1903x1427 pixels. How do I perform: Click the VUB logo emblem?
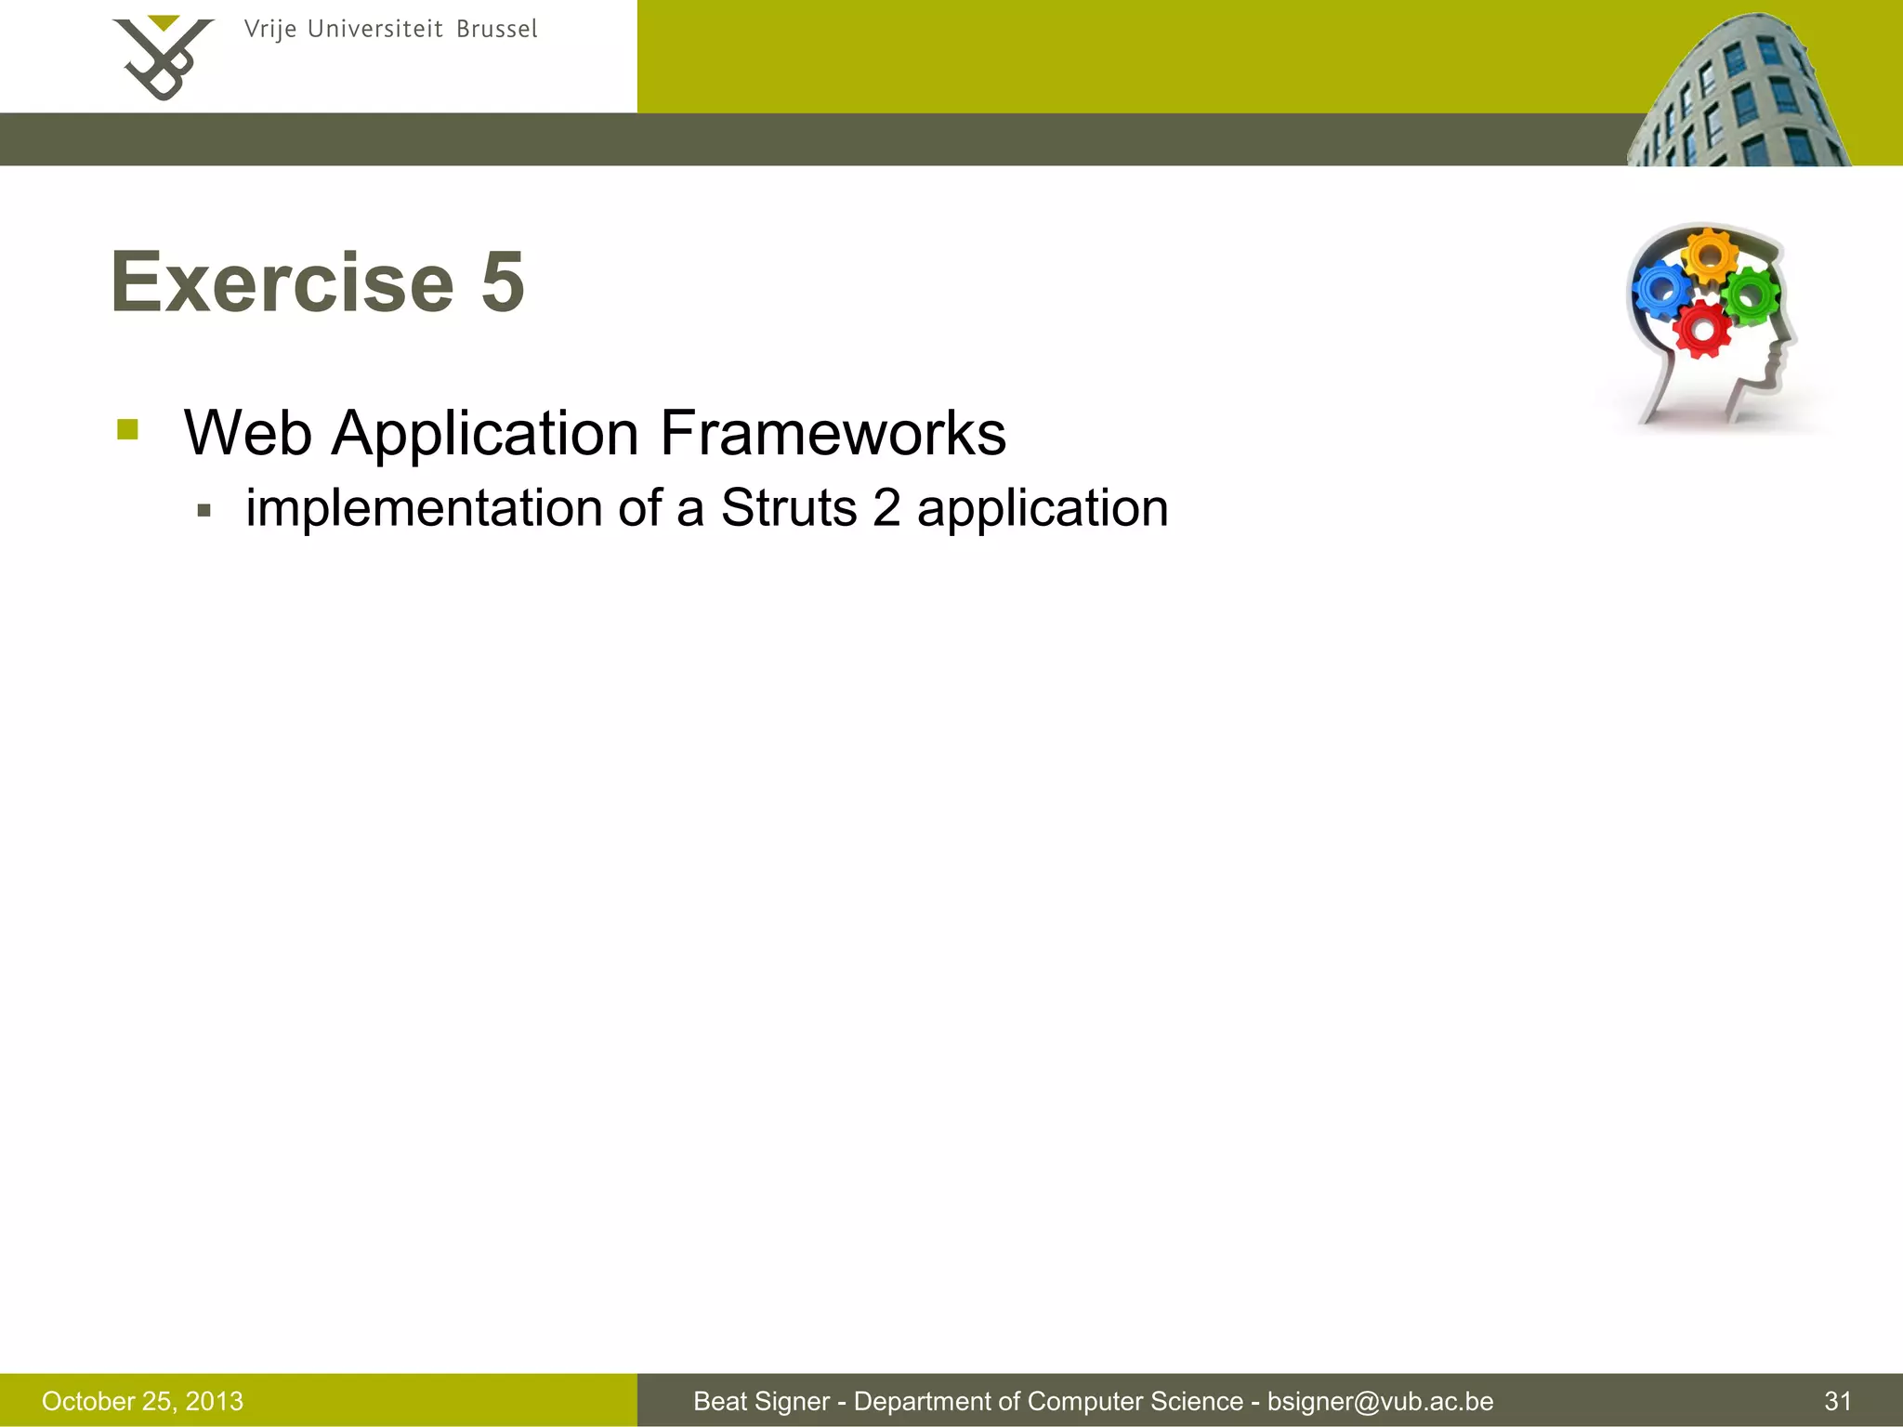[x=163, y=58]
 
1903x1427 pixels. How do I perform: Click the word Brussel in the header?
[x=496, y=30]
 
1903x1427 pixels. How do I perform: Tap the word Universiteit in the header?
[x=374, y=30]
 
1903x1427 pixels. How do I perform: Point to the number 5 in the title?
[x=503, y=282]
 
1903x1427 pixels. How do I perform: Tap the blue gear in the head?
[x=1661, y=290]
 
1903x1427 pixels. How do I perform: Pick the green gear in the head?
[x=1751, y=295]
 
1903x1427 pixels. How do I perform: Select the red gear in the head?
[x=1702, y=329]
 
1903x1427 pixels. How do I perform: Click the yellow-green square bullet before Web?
[x=128, y=430]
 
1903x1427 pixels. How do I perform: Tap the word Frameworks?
[x=833, y=433]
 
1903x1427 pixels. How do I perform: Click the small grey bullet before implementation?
[x=204, y=510]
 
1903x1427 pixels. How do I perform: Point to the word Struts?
[x=788, y=508]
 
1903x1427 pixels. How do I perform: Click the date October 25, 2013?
[x=142, y=1401]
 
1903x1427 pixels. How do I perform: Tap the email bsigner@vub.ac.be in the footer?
[x=1380, y=1401]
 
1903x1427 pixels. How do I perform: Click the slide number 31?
[x=1837, y=1401]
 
